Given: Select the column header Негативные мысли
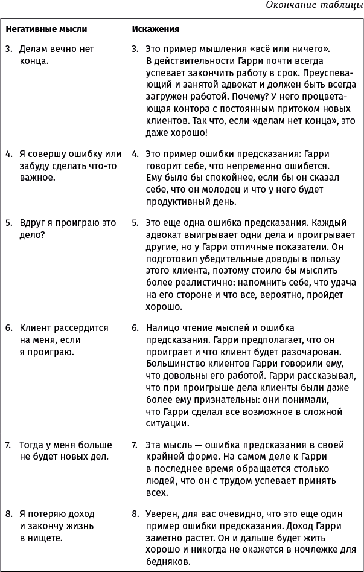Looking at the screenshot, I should [46, 28].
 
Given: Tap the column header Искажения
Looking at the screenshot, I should [156, 28].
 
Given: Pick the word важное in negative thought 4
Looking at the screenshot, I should [37, 178].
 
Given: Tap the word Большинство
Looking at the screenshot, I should [175, 363].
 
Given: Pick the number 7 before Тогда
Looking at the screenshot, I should [8, 445].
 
